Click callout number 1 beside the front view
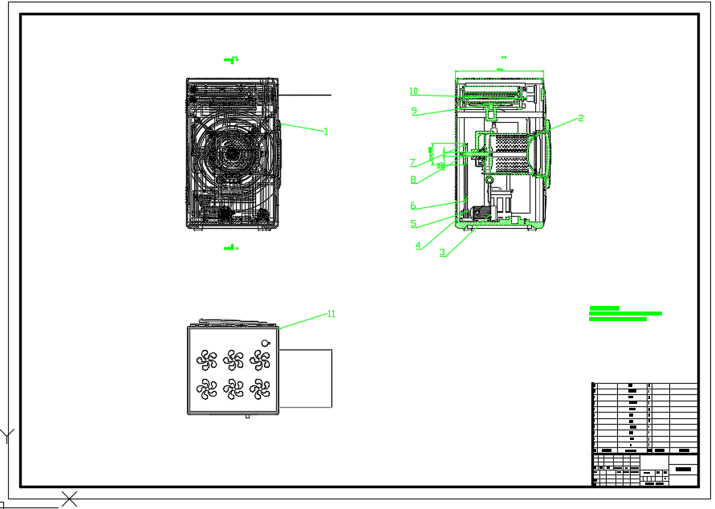tap(326, 131)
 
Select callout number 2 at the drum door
tap(581, 118)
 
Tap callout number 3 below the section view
tap(441, 252)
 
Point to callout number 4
tap(418, 246)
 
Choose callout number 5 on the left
tap(413, 224)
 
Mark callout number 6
tap(413, 206)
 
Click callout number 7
tap(413, 163)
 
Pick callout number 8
tap(413, 180)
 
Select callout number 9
tap(414, 111)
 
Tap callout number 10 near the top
tap(413, 92)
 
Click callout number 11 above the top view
tap(331, 314)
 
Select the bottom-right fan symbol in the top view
tap(259, 389)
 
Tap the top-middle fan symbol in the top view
tap(234, 359)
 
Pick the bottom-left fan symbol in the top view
tap(208, 389)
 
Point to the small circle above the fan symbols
tap(265, 343)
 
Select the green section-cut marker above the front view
tap(232, 59)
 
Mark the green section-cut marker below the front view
tap(231, 247)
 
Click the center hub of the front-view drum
tap(231, 153)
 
